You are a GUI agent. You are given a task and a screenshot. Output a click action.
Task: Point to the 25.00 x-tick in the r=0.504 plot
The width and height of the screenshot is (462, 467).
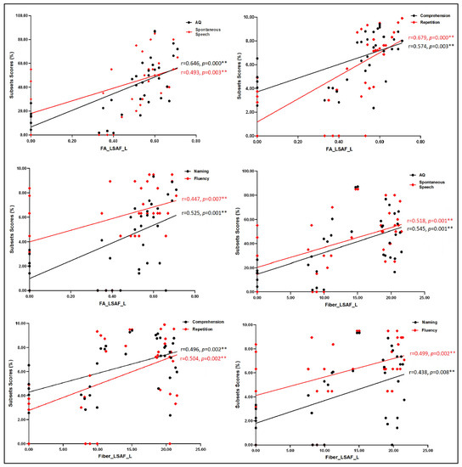tap(201, 449)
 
